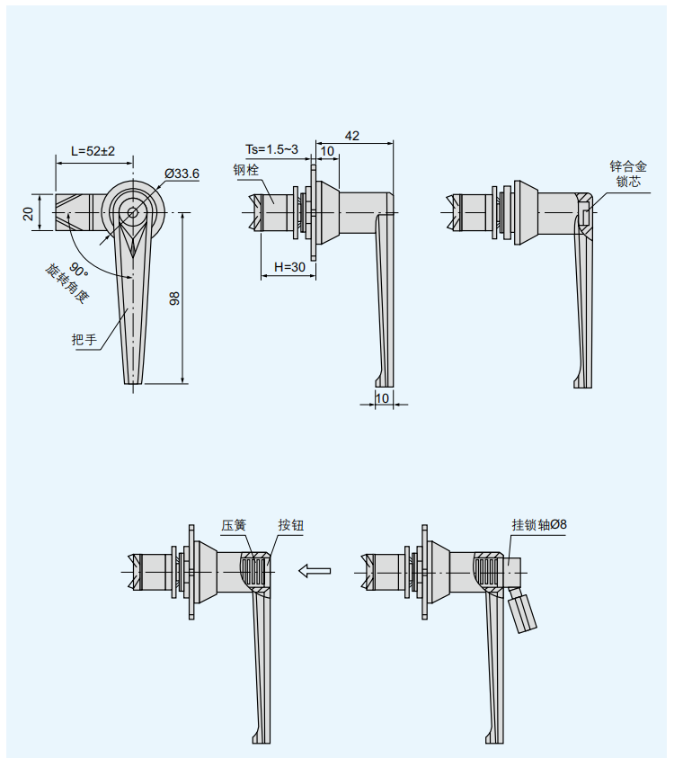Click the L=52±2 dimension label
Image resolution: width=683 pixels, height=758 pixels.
tap(93, 151)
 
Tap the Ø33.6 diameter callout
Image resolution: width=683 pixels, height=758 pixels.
tap(182, 174)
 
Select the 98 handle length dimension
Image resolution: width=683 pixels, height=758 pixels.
tap(174, 299)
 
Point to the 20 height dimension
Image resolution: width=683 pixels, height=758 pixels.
tap(29, 213)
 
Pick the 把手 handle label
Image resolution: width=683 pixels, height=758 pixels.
tap(84, 339)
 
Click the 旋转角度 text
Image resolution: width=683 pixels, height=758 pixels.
tap(67, 283)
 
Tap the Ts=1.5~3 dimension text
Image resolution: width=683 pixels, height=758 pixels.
tap(271, 149)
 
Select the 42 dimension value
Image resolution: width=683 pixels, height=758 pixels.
tap(351, 136)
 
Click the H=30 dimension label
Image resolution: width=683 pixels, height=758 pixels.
tap(289, 267)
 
